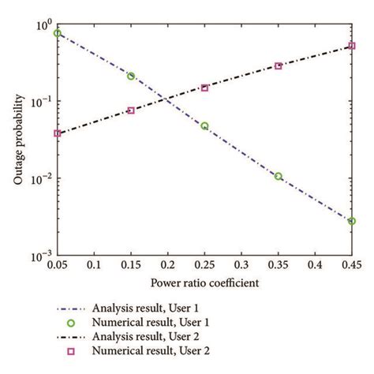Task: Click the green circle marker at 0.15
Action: [131, 77]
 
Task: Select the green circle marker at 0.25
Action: [204, 126]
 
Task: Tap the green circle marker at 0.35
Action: [278, 177]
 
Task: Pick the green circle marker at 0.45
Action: [351, 221]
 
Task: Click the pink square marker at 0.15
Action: [131, 110]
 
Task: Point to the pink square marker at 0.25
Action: [204, 88]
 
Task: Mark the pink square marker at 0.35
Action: [278, 66]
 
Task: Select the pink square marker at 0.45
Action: [351, 47]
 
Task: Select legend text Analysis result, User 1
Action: [158, 307]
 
